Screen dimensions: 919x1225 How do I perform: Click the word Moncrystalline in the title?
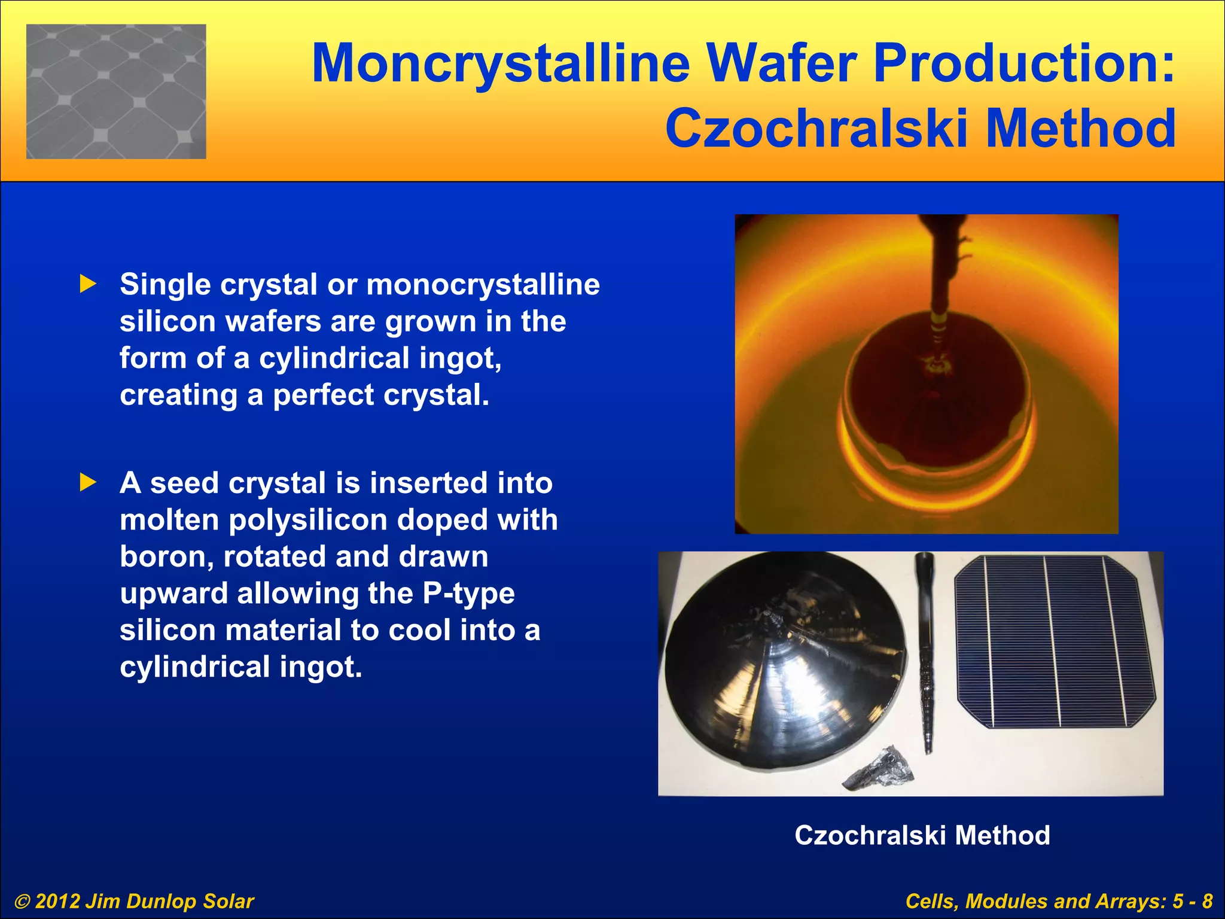tap(501, 64)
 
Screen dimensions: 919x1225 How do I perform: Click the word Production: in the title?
tap(1024, 64)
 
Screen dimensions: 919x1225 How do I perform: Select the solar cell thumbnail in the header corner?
tap(116, 92)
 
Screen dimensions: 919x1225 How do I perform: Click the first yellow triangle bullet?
tap(88, 284)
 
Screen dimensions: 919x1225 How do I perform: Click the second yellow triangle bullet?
tap(88, 482)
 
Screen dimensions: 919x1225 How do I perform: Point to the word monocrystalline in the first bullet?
tap(483, 285)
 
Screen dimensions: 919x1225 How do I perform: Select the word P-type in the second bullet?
tap(468, 594)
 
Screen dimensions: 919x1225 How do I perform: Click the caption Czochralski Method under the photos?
tap(922, 835)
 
